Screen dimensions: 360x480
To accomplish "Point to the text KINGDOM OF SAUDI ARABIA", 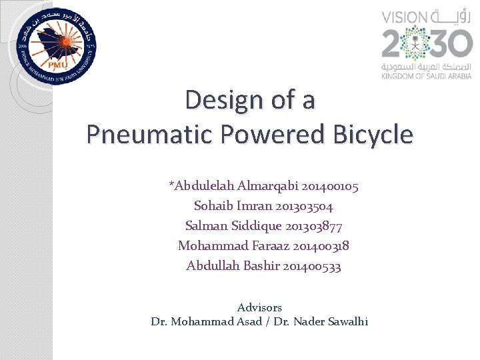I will tap(427, 77).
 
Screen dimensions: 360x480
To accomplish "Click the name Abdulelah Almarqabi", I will tap(234, 186).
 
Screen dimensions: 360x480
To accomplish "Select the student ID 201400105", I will tap(330, 186).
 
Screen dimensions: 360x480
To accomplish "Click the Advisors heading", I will tap(259, 308).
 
